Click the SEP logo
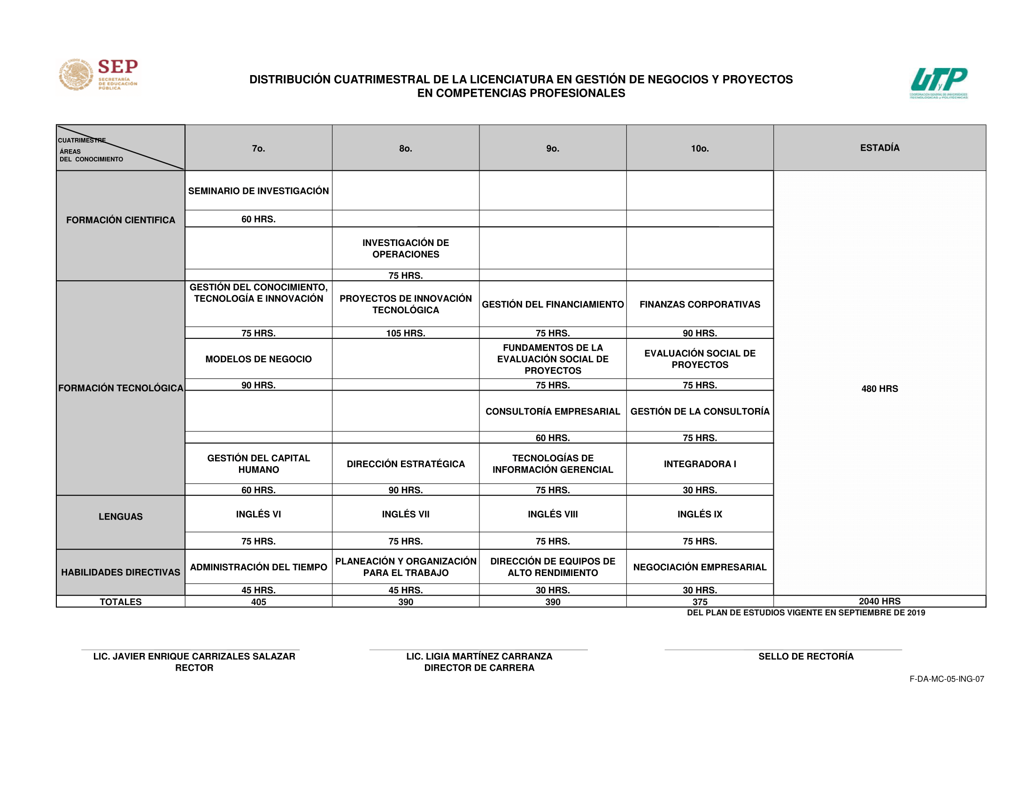99,75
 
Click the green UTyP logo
939,82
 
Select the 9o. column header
553,148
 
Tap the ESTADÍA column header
879,148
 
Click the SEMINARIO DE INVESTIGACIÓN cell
258,191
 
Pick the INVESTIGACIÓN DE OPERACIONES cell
405,249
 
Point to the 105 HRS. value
405,333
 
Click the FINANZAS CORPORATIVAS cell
700,305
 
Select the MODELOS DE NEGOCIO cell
258,359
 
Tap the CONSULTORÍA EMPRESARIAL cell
553,411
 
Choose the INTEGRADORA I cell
700,464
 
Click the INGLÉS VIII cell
553,514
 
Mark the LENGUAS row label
121,517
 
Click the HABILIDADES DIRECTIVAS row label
121,573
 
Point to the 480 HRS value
879,389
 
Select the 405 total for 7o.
258,602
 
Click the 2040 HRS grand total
879,601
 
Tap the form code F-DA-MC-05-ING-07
947,679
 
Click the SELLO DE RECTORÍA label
806,656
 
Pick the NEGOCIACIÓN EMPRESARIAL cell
700,568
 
